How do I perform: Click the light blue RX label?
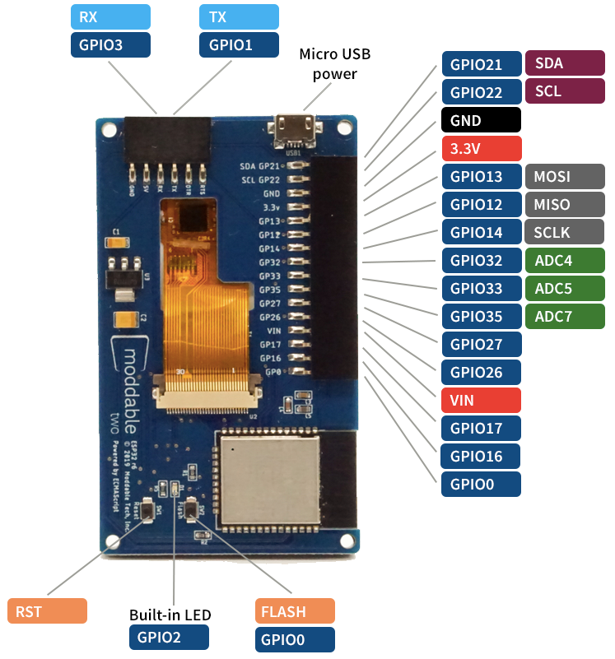point(110,17)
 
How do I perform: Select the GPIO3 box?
point(110,45)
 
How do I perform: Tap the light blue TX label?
point(239,17)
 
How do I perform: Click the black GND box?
point(481,120)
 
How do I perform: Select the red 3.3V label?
point(481,148)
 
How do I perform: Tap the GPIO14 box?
point(481,232)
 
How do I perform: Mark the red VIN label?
point(481,400)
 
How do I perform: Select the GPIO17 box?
point(481,428)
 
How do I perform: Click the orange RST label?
point(46,611)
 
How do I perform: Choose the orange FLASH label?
point(295,611)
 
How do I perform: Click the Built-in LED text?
point(170,615)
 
